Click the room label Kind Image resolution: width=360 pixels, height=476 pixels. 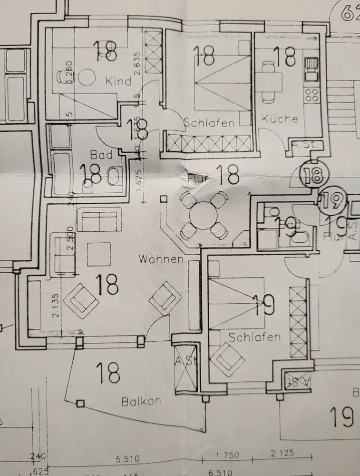coord(118,81)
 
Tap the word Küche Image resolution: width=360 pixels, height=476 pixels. coord(280,119)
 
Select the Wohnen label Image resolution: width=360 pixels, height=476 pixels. coord(161,259)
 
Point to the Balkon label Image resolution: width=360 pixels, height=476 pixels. coord(141,401)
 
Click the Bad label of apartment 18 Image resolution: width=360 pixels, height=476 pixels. coord(102,155)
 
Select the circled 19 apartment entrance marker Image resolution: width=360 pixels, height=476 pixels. coord(332,201)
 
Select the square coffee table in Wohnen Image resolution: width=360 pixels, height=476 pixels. coord(99,254)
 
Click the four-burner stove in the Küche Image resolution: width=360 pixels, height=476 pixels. coord(311,95)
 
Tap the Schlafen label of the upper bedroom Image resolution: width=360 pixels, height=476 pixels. coord(210,123)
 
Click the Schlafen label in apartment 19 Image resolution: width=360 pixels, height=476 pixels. coord(254,337)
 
